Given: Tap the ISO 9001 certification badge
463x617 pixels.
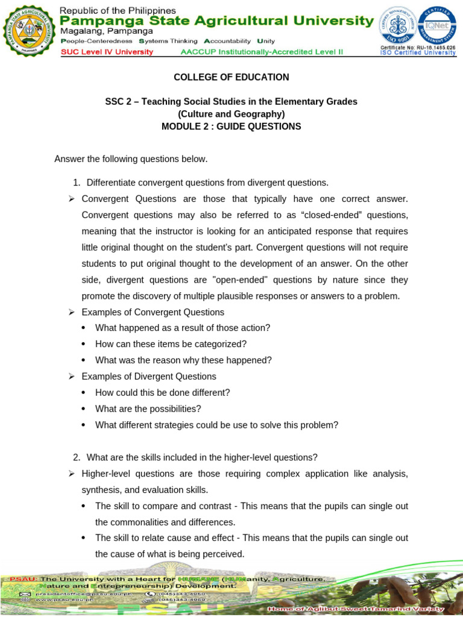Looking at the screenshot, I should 398,25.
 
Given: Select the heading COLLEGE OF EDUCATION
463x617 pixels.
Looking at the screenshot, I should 231,77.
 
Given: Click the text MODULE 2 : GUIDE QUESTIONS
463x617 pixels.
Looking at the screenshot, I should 231,127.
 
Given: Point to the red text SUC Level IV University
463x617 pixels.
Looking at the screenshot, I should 107,52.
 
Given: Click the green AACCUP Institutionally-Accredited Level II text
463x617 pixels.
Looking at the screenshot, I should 262,52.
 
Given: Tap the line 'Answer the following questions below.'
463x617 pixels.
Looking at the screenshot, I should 131,159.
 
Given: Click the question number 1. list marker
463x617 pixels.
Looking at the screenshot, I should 77,183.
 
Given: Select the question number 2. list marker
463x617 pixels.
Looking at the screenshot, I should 77,457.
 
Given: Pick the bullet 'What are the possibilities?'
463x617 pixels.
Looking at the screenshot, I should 148,409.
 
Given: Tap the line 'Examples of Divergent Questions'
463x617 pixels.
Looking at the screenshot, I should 149,377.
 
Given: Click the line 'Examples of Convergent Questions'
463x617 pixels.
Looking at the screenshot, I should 153,312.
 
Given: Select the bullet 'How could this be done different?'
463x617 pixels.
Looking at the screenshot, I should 163,392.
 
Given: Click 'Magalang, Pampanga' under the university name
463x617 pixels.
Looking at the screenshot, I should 99,31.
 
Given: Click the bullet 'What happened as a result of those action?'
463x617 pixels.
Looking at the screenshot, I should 183,328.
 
